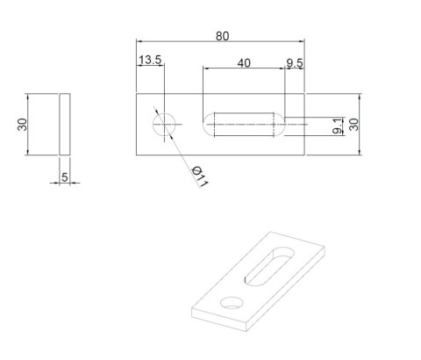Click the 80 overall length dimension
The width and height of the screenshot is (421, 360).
point(222,36)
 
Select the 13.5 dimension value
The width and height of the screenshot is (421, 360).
point(150,61)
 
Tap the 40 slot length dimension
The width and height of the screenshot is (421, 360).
point(243,63)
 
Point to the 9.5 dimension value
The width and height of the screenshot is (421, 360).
point(295,63)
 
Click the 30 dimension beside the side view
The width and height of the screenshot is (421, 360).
point(22,125)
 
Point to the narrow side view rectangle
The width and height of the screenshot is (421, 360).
point(64,125)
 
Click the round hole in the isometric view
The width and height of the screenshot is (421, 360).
point(232,303)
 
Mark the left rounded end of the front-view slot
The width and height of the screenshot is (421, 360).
point(208,125)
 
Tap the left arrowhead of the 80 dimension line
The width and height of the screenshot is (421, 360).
point(139,41)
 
